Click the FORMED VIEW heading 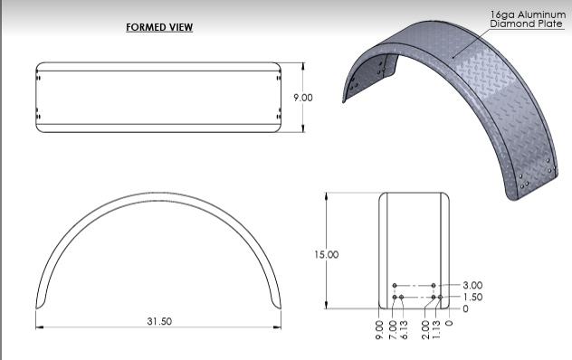pos(159,27)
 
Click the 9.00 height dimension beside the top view pos(303,98)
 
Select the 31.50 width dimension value pos(159,321)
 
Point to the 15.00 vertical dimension pos(327,254)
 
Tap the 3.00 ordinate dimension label pos(472,285)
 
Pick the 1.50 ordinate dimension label pos(472,298)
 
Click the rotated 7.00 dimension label pos(393,330)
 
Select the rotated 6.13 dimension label pos(404,330)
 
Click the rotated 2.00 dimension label pos(425,330)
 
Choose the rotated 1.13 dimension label pos(436,330)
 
